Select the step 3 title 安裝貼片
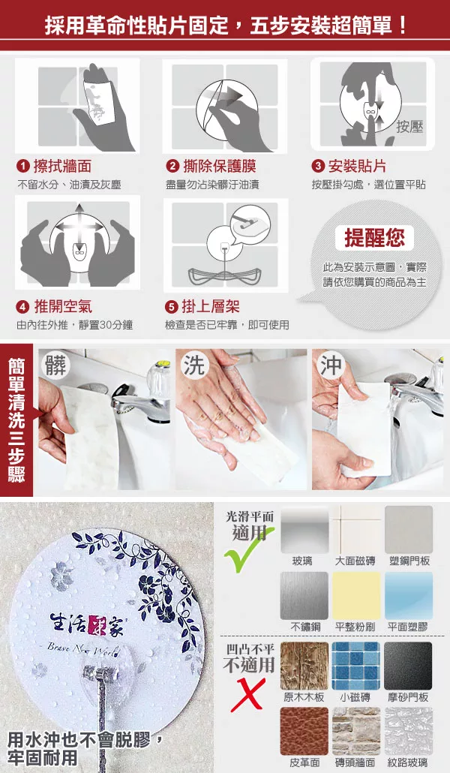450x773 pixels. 357,166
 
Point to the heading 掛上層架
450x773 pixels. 211,307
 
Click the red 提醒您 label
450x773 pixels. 374,238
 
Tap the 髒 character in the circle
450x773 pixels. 56,365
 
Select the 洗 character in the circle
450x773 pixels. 193,365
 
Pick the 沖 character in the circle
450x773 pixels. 330,365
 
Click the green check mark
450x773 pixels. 248,550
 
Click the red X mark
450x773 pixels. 248,695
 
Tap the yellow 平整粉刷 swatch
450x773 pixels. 355,596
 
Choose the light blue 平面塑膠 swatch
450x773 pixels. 409,596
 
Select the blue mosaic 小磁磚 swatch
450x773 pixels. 355,666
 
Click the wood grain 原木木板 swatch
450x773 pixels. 304,666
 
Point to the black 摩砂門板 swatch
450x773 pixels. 408,666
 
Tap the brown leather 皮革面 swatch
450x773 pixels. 304,731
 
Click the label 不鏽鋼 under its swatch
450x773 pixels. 304,627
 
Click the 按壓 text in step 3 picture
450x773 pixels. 409,127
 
